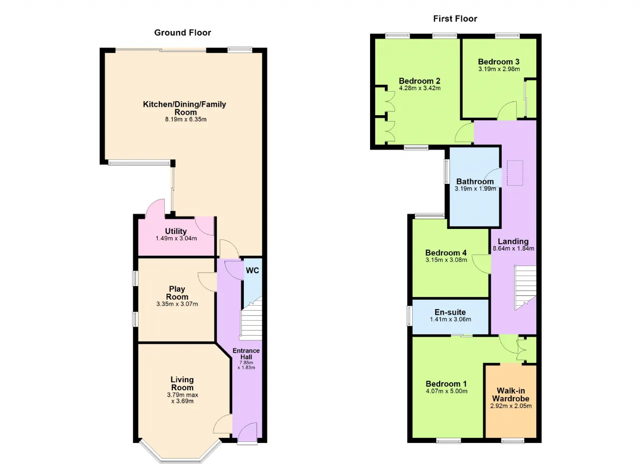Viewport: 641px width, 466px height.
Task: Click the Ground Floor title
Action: [x=183, y=33]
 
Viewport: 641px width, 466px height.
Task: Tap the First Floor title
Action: [x=455, y=19]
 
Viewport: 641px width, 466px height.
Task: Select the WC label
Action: [x=252, y=270]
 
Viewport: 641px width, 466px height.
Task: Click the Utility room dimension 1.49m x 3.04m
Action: [x=176, y=238]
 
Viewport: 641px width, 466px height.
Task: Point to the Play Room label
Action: [x=177, y=293]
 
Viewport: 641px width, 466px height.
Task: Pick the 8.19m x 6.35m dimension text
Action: [x=186, y=119]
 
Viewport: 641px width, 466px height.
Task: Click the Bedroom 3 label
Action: [x=499, y=62]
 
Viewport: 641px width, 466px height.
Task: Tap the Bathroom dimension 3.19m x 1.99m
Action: [x=475, y=188]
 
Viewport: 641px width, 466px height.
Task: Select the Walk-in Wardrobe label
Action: [x=511, y=394]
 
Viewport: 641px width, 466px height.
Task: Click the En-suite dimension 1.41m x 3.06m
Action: [x=450, y=319]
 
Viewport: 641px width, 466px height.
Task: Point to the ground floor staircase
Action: [x=251, y=319]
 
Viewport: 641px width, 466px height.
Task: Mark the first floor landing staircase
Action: [x=525, y=288]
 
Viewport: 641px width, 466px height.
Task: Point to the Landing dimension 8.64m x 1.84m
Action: [x=513, y=249]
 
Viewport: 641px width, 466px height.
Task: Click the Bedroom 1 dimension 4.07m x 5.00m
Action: [x=446, y=391]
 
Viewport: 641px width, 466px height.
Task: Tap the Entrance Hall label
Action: [x=246, y=354]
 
